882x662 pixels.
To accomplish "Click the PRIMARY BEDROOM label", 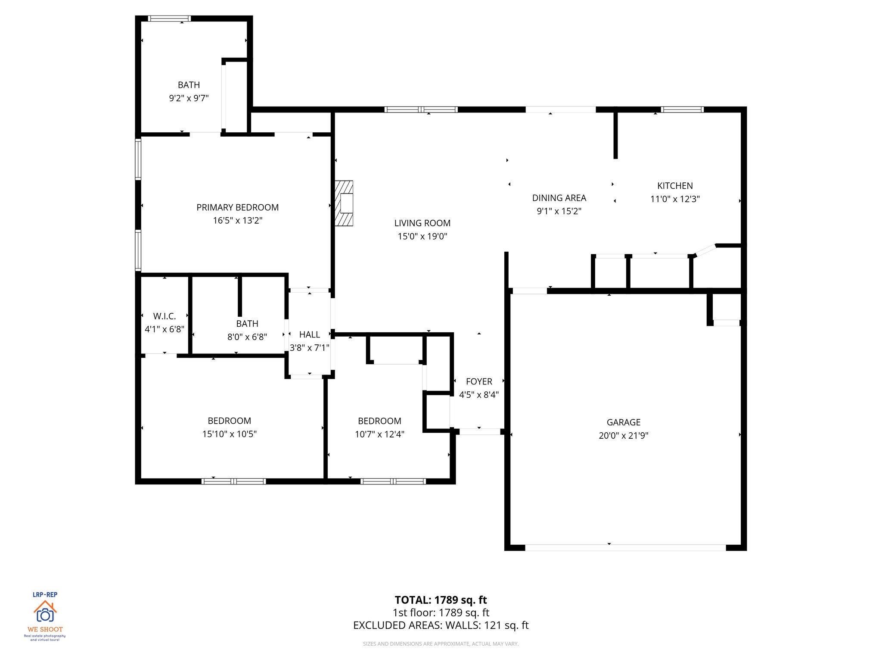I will [x=237, y=207].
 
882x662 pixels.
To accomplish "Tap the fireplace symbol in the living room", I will [x=345, y=203].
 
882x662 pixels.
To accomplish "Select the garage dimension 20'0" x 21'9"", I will [x=623, y=435].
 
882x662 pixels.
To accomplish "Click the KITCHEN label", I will [x=675, y=186].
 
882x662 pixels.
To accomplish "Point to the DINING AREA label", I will [x=559, y=198].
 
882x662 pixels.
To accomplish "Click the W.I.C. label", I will [x=165, y=316].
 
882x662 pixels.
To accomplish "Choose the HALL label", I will [x=309, y=334].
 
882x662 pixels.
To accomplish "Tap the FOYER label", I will [x=479, y=381].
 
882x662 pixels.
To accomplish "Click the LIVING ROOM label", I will [x=422, y=223].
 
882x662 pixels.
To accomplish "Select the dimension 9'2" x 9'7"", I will [x=189, y=98].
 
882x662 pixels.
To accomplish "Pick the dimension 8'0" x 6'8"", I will [x=247, y=337].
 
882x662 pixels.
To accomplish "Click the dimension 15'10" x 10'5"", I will [x=229, y=434].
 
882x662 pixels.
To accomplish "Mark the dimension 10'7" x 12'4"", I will [x=379, y=434].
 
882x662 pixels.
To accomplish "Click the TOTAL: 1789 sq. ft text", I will [x=441, y=600].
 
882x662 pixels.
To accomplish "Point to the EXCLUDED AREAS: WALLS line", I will [x=441, y=625].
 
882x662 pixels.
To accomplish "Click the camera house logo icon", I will [x=45, y=612].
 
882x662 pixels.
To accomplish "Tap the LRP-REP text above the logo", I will [x=45, y=594].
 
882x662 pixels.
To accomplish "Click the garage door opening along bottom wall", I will [x=624, y=548].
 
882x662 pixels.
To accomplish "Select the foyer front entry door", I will [x=479, y=431].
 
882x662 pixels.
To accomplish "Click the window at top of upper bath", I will [x=169, y=19].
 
